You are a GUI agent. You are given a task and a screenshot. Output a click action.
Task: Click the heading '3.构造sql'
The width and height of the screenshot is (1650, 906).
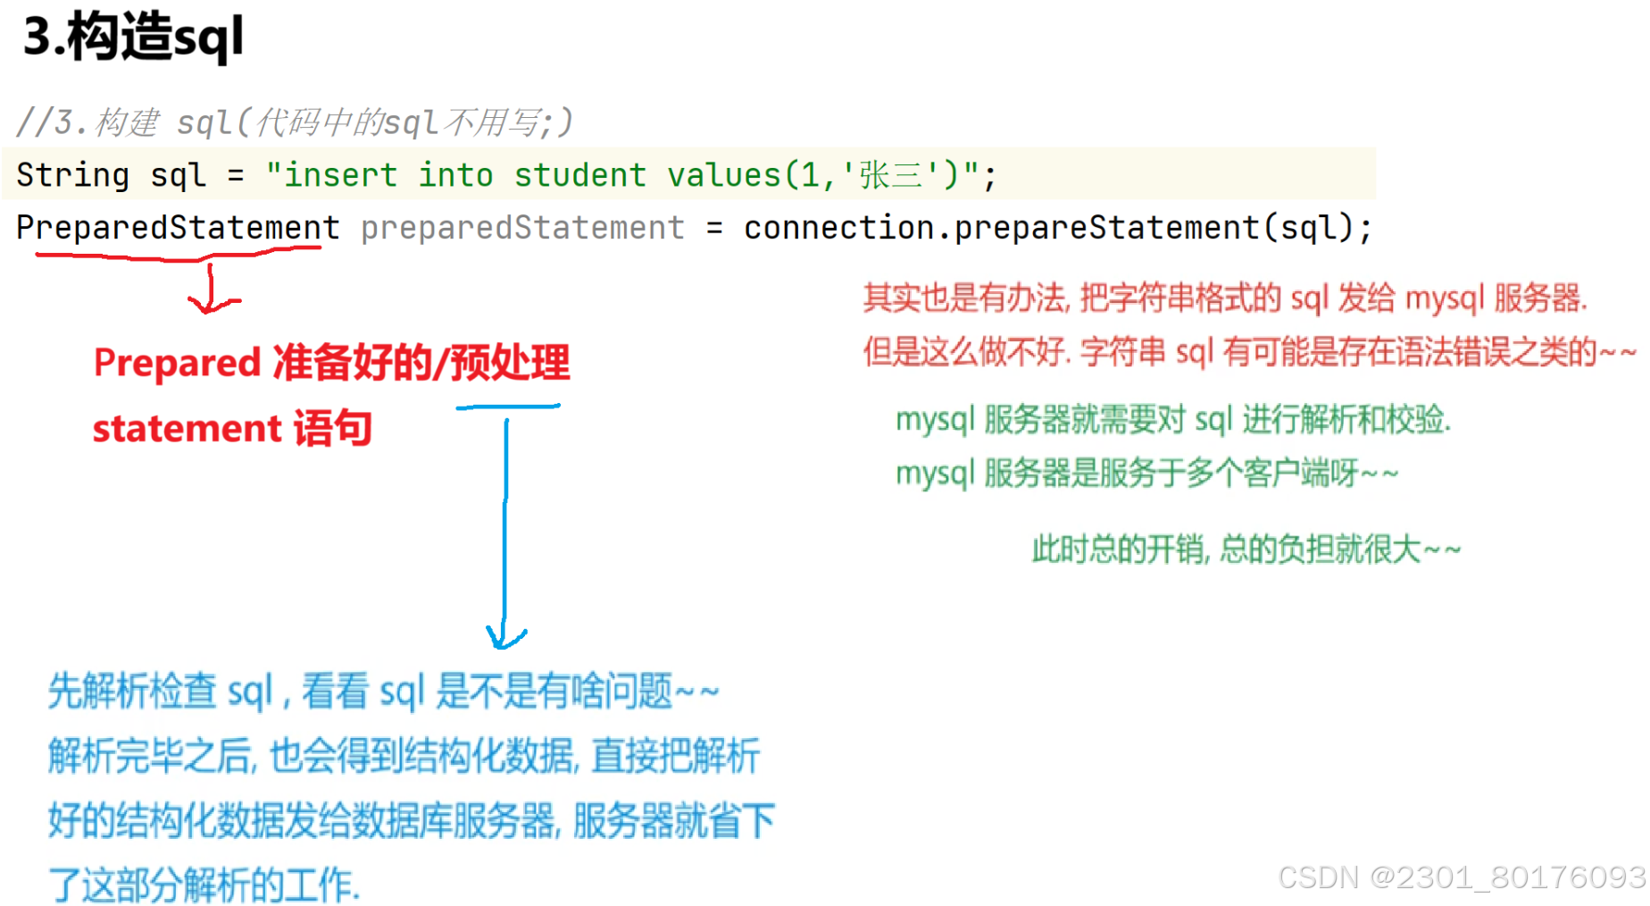tap(133, 38)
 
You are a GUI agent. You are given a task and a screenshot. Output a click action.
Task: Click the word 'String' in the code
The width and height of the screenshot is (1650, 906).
tap(72, 175)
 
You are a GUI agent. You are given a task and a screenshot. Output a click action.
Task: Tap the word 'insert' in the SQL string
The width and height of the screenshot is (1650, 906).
tap(340, 175)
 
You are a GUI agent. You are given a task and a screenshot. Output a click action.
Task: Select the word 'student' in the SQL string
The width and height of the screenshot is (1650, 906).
tap(579, 175)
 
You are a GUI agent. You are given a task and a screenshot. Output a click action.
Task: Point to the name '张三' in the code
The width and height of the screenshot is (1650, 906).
tap(890, 175)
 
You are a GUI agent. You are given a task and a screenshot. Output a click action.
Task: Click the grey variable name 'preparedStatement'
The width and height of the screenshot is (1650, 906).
tap(522, 228)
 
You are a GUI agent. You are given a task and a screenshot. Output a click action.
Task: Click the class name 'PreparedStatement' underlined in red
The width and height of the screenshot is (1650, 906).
tap(178, 228)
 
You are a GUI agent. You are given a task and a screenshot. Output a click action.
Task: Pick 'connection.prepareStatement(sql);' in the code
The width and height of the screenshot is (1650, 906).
tap(1057, 228)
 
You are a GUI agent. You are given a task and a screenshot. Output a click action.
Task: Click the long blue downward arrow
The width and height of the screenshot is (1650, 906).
tap(505, 527)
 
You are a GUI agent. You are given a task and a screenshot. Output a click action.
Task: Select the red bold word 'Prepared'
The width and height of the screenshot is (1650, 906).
tap(177, 363)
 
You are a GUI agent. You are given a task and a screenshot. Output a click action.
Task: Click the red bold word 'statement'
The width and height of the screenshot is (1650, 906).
tap(187, 429)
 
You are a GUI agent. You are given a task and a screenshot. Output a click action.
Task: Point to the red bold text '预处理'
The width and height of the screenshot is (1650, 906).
tap(510, 363)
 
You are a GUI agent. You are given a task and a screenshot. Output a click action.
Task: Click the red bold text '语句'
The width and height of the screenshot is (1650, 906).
tap(333, 429)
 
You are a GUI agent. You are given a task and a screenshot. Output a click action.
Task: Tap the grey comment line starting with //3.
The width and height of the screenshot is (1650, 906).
tap(295, 122)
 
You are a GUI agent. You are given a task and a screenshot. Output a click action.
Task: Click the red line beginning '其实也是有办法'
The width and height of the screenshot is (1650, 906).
tap(1225, 298)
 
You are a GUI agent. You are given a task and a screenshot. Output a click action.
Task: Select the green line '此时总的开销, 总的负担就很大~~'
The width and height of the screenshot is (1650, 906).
tap(1246, 549)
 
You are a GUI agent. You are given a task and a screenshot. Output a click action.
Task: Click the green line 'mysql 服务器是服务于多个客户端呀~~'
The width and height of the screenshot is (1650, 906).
tap(1146, 473)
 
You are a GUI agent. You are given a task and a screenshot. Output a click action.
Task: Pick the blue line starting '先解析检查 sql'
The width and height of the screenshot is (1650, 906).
tap(383, 692)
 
